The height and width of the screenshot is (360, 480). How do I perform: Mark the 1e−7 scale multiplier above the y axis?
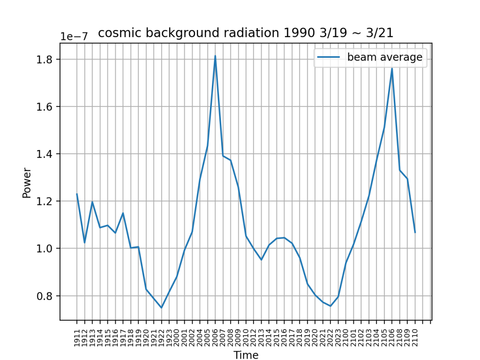coord(74,37)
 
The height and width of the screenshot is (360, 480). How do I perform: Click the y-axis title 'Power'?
coord(27,183)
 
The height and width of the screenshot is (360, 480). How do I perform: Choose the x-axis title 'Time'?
coord(246,355)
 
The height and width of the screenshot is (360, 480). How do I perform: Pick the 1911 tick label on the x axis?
coord(77,336)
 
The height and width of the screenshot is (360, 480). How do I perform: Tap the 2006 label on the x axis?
coord(215,336)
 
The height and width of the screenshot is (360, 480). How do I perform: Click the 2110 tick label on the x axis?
coord(415,336)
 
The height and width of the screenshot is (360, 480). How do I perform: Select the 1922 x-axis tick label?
coord(161,336)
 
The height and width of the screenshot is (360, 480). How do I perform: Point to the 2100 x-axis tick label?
coord(346,336)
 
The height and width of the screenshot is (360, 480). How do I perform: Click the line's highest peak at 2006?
coord(215,56)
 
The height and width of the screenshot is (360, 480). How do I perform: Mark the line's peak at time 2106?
coord(392,68)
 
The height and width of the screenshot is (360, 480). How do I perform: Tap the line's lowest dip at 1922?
coord(161,308)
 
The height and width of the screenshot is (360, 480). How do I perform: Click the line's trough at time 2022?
coord(330,306)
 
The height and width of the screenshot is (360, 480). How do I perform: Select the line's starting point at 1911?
coord(77,194)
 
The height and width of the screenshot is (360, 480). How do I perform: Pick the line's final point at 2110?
coord(415,232)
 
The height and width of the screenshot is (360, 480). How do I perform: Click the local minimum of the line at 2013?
coord(261,260)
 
